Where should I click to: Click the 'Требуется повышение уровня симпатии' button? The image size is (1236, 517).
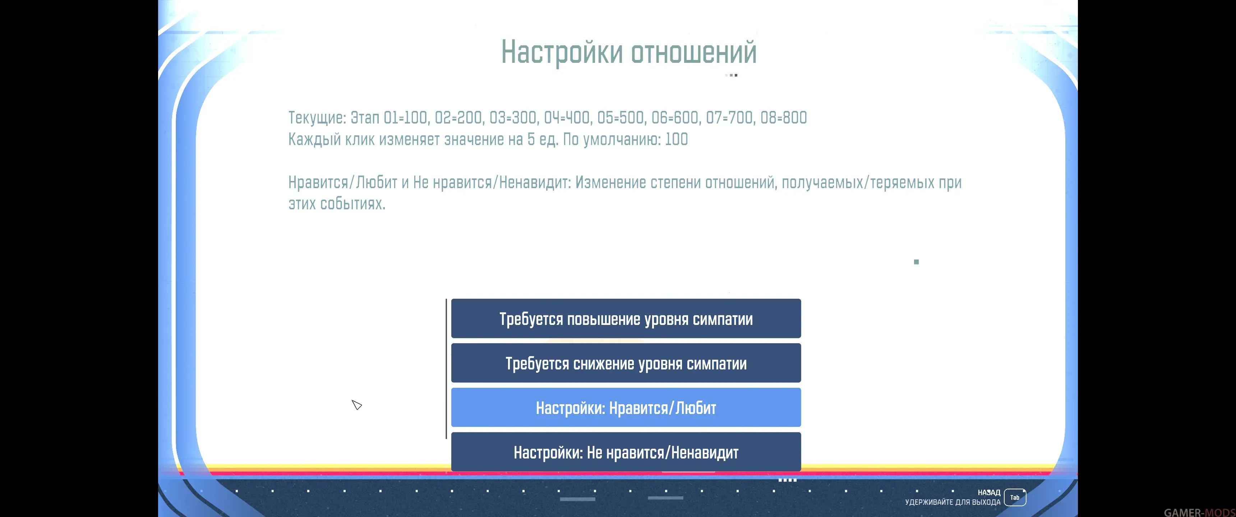coord(626,318)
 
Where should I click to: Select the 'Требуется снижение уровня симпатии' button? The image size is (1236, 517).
coord(626,363)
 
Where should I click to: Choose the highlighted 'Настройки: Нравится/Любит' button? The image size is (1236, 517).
coord(626,407)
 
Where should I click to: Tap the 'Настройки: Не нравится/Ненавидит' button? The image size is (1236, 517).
coord(626,452)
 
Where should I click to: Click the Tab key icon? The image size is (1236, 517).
coord(1015,497)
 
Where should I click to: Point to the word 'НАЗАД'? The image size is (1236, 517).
coord(989,493)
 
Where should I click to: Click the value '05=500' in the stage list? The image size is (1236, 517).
coord(621,117)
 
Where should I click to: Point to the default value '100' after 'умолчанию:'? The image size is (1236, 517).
coord(677,139)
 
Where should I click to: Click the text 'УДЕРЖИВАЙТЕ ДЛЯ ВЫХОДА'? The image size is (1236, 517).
coord(953,502)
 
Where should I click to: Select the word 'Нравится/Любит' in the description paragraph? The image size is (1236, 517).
coord(342,183)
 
